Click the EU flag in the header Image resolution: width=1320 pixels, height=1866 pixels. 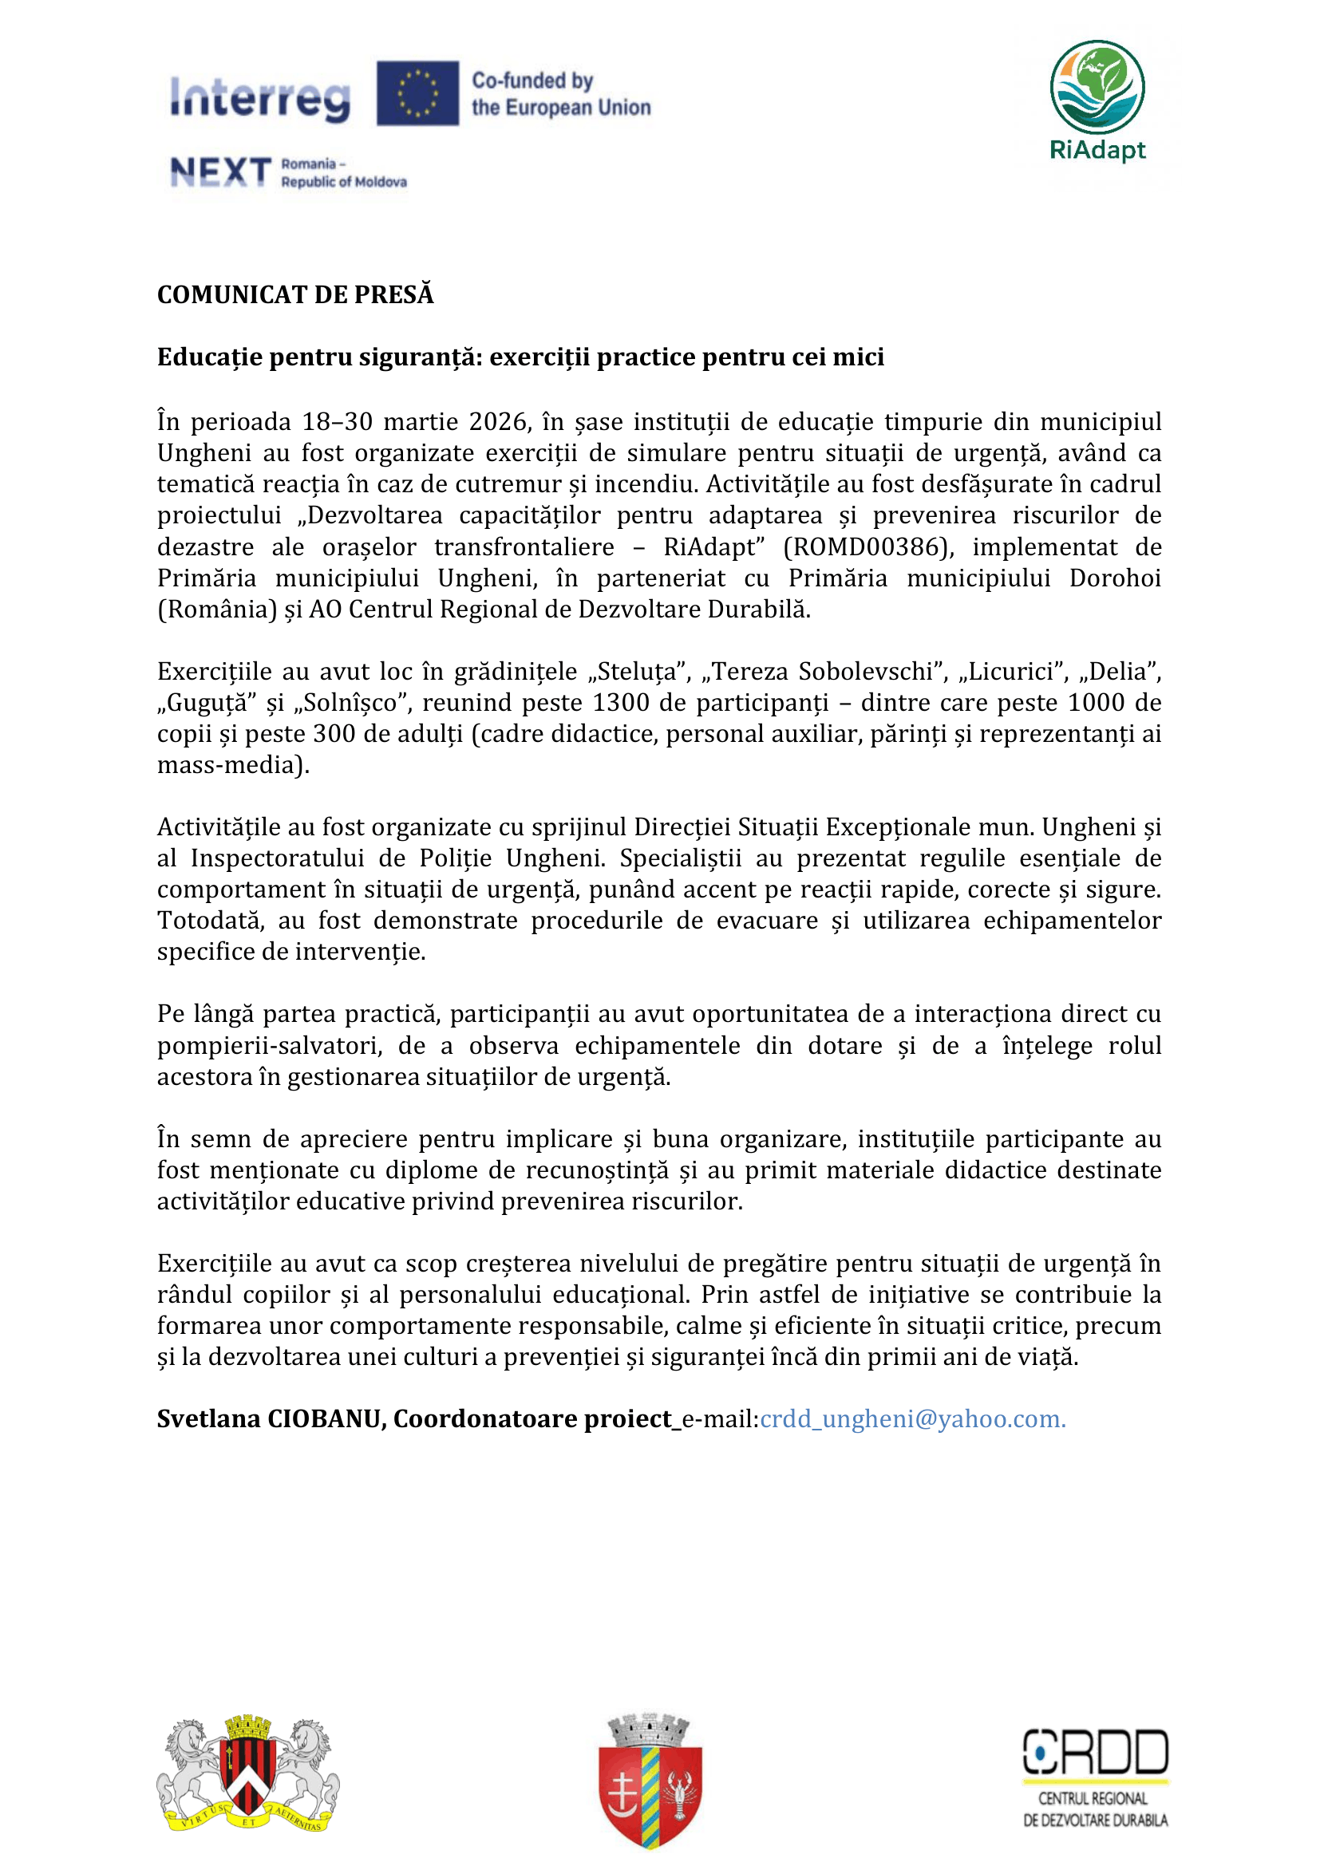point(417,93)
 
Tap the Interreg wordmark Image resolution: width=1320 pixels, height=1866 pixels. point(260,97)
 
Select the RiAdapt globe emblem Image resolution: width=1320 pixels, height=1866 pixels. point(1097,88)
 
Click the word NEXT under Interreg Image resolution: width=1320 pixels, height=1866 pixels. point(220,172)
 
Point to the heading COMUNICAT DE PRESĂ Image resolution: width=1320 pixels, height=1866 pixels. point(295,294)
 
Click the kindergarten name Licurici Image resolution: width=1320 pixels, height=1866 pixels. point(1014,671)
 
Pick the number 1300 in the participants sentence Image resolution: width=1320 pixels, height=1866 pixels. point(621,702)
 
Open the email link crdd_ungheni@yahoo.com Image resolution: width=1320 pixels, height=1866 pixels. point(912,1418)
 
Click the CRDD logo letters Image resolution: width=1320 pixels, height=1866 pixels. point(1095,1752)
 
